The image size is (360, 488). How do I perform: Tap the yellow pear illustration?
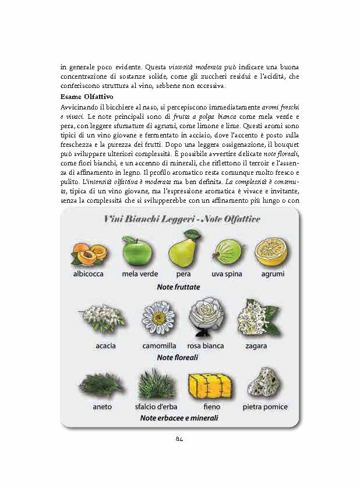pos(183,249)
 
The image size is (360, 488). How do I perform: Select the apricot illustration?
pos(90,253)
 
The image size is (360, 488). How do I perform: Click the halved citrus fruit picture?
pos(271,250)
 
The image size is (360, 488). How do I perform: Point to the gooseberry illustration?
pos(228,253)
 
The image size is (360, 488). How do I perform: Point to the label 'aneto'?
pos(101,406)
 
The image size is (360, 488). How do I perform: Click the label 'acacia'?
pos(105,346)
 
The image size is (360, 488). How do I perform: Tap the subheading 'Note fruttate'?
pos(178,287)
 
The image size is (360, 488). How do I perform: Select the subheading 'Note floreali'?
pos(178,357)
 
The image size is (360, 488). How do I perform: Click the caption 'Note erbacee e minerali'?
pos(178,418)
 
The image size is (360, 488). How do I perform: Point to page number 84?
pos(179,439)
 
